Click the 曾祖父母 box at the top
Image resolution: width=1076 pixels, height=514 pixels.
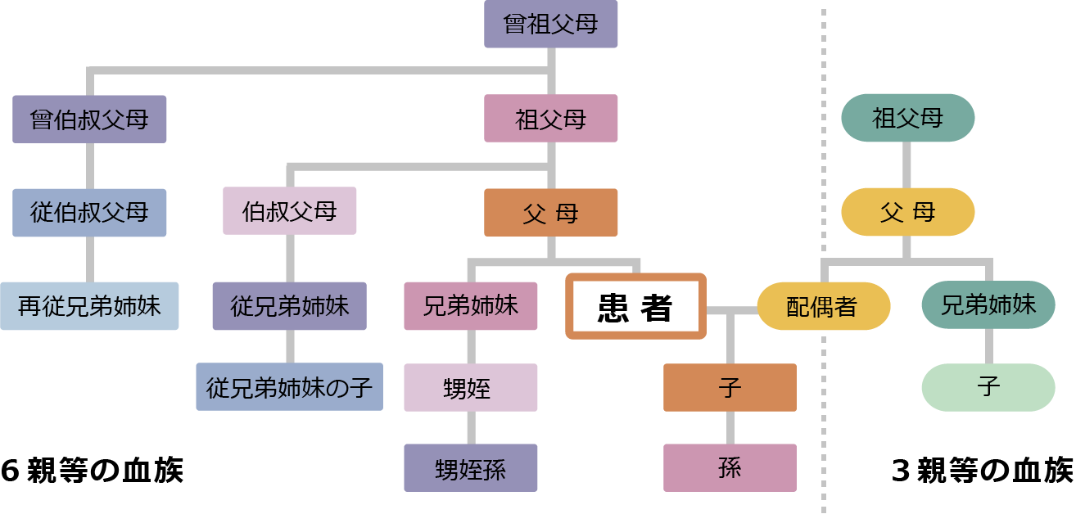click(x=550, y=24)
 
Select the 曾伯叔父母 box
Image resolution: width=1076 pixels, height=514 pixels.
click(x=89, y=119)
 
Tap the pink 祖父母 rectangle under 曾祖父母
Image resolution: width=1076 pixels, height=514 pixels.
click(x=550, y=119)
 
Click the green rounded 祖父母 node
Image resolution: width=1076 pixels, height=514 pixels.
click(x=907, y=119)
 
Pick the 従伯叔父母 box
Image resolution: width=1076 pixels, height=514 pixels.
click(x=89, y=213)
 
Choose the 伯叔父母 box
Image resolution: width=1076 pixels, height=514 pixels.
click(x=289, y=211)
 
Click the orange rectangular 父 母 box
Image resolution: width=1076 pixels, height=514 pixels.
click(x=550, y=213)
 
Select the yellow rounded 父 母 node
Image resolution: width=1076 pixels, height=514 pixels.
click(x=907, y=213)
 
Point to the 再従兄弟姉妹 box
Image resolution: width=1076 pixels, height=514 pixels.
click(x=89, y=306)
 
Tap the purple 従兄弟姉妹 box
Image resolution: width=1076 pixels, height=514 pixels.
click(x=289, y=306)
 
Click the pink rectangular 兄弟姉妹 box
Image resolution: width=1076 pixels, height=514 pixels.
click(x=470, y=306)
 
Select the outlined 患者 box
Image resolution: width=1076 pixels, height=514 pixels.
click(x=635, y=307)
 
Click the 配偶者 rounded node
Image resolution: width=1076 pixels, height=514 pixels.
click(x=822, y=306)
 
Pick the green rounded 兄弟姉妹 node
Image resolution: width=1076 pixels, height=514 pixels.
click(x=988, y=305)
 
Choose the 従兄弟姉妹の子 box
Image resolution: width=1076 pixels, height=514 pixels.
click(x=289, y=386)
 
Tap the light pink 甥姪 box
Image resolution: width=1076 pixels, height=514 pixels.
click(x=470, y=387)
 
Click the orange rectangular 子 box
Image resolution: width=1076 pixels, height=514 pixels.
click(x=729, y=387)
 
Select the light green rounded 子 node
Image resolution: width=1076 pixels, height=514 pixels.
click(x=988, y=386)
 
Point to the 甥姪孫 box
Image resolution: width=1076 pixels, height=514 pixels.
click(x=470, y=467)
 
